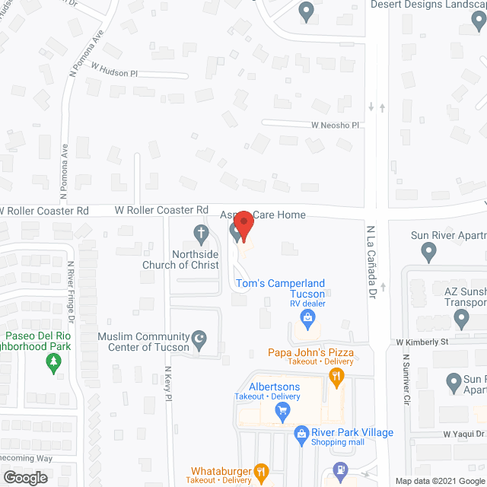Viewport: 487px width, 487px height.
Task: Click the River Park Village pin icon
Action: point(301,433)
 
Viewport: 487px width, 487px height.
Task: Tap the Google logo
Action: point(24,477)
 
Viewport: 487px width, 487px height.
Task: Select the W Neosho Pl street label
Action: point(334,125)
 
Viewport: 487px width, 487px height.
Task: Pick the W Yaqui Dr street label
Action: point(463,434)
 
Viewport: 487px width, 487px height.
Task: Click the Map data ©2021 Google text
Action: point(439,481)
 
